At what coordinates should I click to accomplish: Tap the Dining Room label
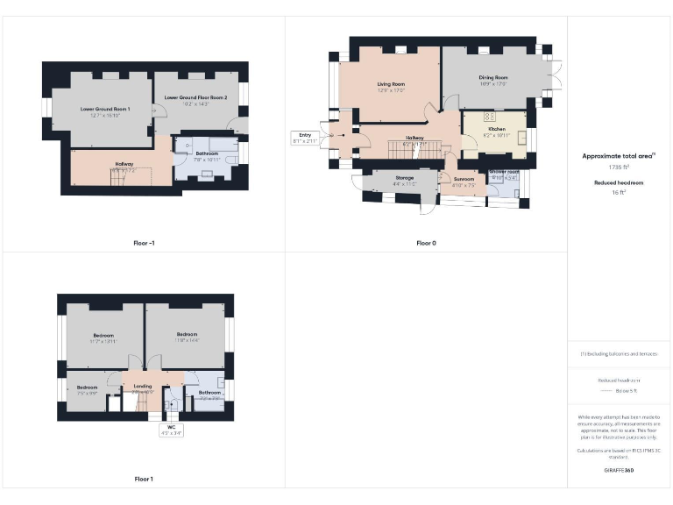(x=493, y=77)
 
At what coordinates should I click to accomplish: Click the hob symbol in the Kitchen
(x=489, y=116)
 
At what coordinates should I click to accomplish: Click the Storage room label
(x=404, y=178)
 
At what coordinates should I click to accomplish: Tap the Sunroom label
(x=463, y=179)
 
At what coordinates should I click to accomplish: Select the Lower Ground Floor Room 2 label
(x=195, y=98)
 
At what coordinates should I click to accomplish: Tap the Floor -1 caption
(x=142, y=242)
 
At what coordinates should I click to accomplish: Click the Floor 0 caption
(x=426, y=242)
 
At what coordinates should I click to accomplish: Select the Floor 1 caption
(x=144, y=479)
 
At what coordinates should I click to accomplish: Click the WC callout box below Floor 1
(x=171, y=430)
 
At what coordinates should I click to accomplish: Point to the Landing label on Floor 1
(x=142, y=386)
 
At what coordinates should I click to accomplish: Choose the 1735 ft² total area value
(x=620, y=167)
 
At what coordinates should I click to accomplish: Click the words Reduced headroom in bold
(x=620, y=182)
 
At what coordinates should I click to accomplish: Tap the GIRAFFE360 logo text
(x=619, y=471)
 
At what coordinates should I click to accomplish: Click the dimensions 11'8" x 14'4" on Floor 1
(x=188, y=340)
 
